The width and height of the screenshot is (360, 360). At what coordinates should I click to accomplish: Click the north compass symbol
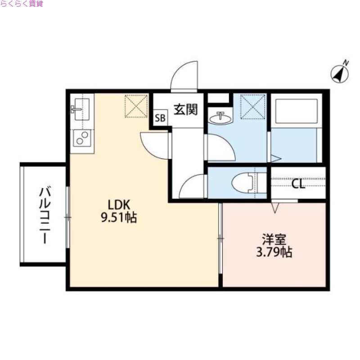click(x=341, y=72)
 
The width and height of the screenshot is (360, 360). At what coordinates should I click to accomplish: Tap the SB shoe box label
click(x=160, y=119)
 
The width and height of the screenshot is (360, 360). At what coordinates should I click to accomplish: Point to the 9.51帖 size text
click(x=119, y=218)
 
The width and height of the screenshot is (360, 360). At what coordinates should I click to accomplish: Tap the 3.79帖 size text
click(x=274, y=252)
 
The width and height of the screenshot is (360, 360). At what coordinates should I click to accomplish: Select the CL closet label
click(x=298, y=184)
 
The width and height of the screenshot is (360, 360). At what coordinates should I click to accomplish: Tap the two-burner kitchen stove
click(x=82, y=138)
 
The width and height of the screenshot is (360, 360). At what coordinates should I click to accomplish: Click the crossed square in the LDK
click(x=136, y=106)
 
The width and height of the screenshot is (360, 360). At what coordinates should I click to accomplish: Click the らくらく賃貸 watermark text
click(x=22, y=4)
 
